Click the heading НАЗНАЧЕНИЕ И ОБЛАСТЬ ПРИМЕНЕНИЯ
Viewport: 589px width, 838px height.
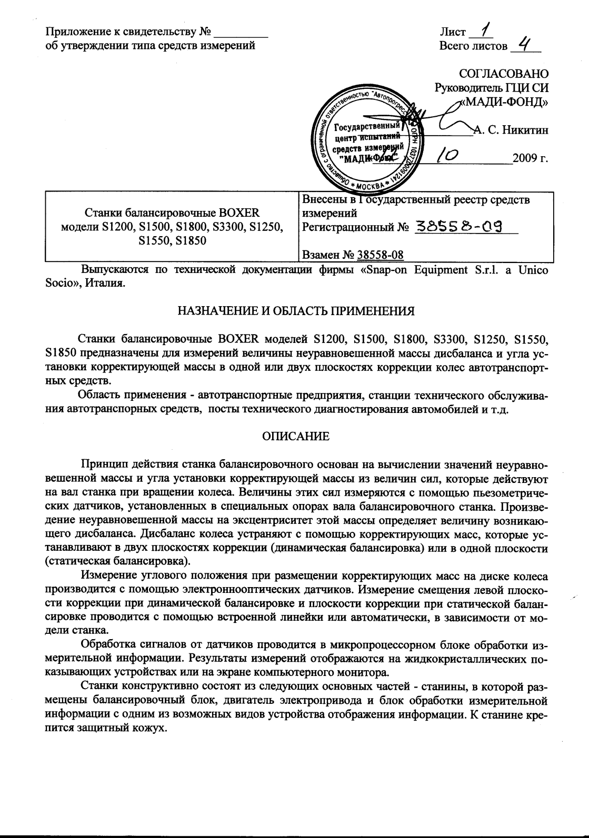(x=295, y=311)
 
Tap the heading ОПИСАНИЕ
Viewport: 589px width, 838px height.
(x=295, y=436)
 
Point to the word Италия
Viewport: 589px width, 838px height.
(x=108, y=284)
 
